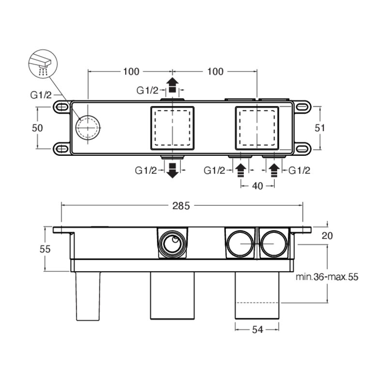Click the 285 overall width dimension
point(181,206)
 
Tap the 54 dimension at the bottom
point(257,330)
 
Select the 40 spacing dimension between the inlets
point(257,186)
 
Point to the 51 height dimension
point(320,128)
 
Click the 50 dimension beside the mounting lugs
point(37,128)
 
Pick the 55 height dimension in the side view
point(45,249)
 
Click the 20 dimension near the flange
point(327,236)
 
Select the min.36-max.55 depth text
point(327,277)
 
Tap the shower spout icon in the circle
point(43,64)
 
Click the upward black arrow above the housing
point(172,85)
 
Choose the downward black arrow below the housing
point(172,171)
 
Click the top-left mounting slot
point(61,107)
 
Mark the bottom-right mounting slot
point(303,149)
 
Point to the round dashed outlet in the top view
point(88,128)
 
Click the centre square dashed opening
point(172,128)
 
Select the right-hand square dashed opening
point(257,128)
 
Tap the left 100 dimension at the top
point(131,72)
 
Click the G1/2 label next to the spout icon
point(41,95)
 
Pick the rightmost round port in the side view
point(274,244)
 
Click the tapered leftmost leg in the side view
point(88,296)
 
